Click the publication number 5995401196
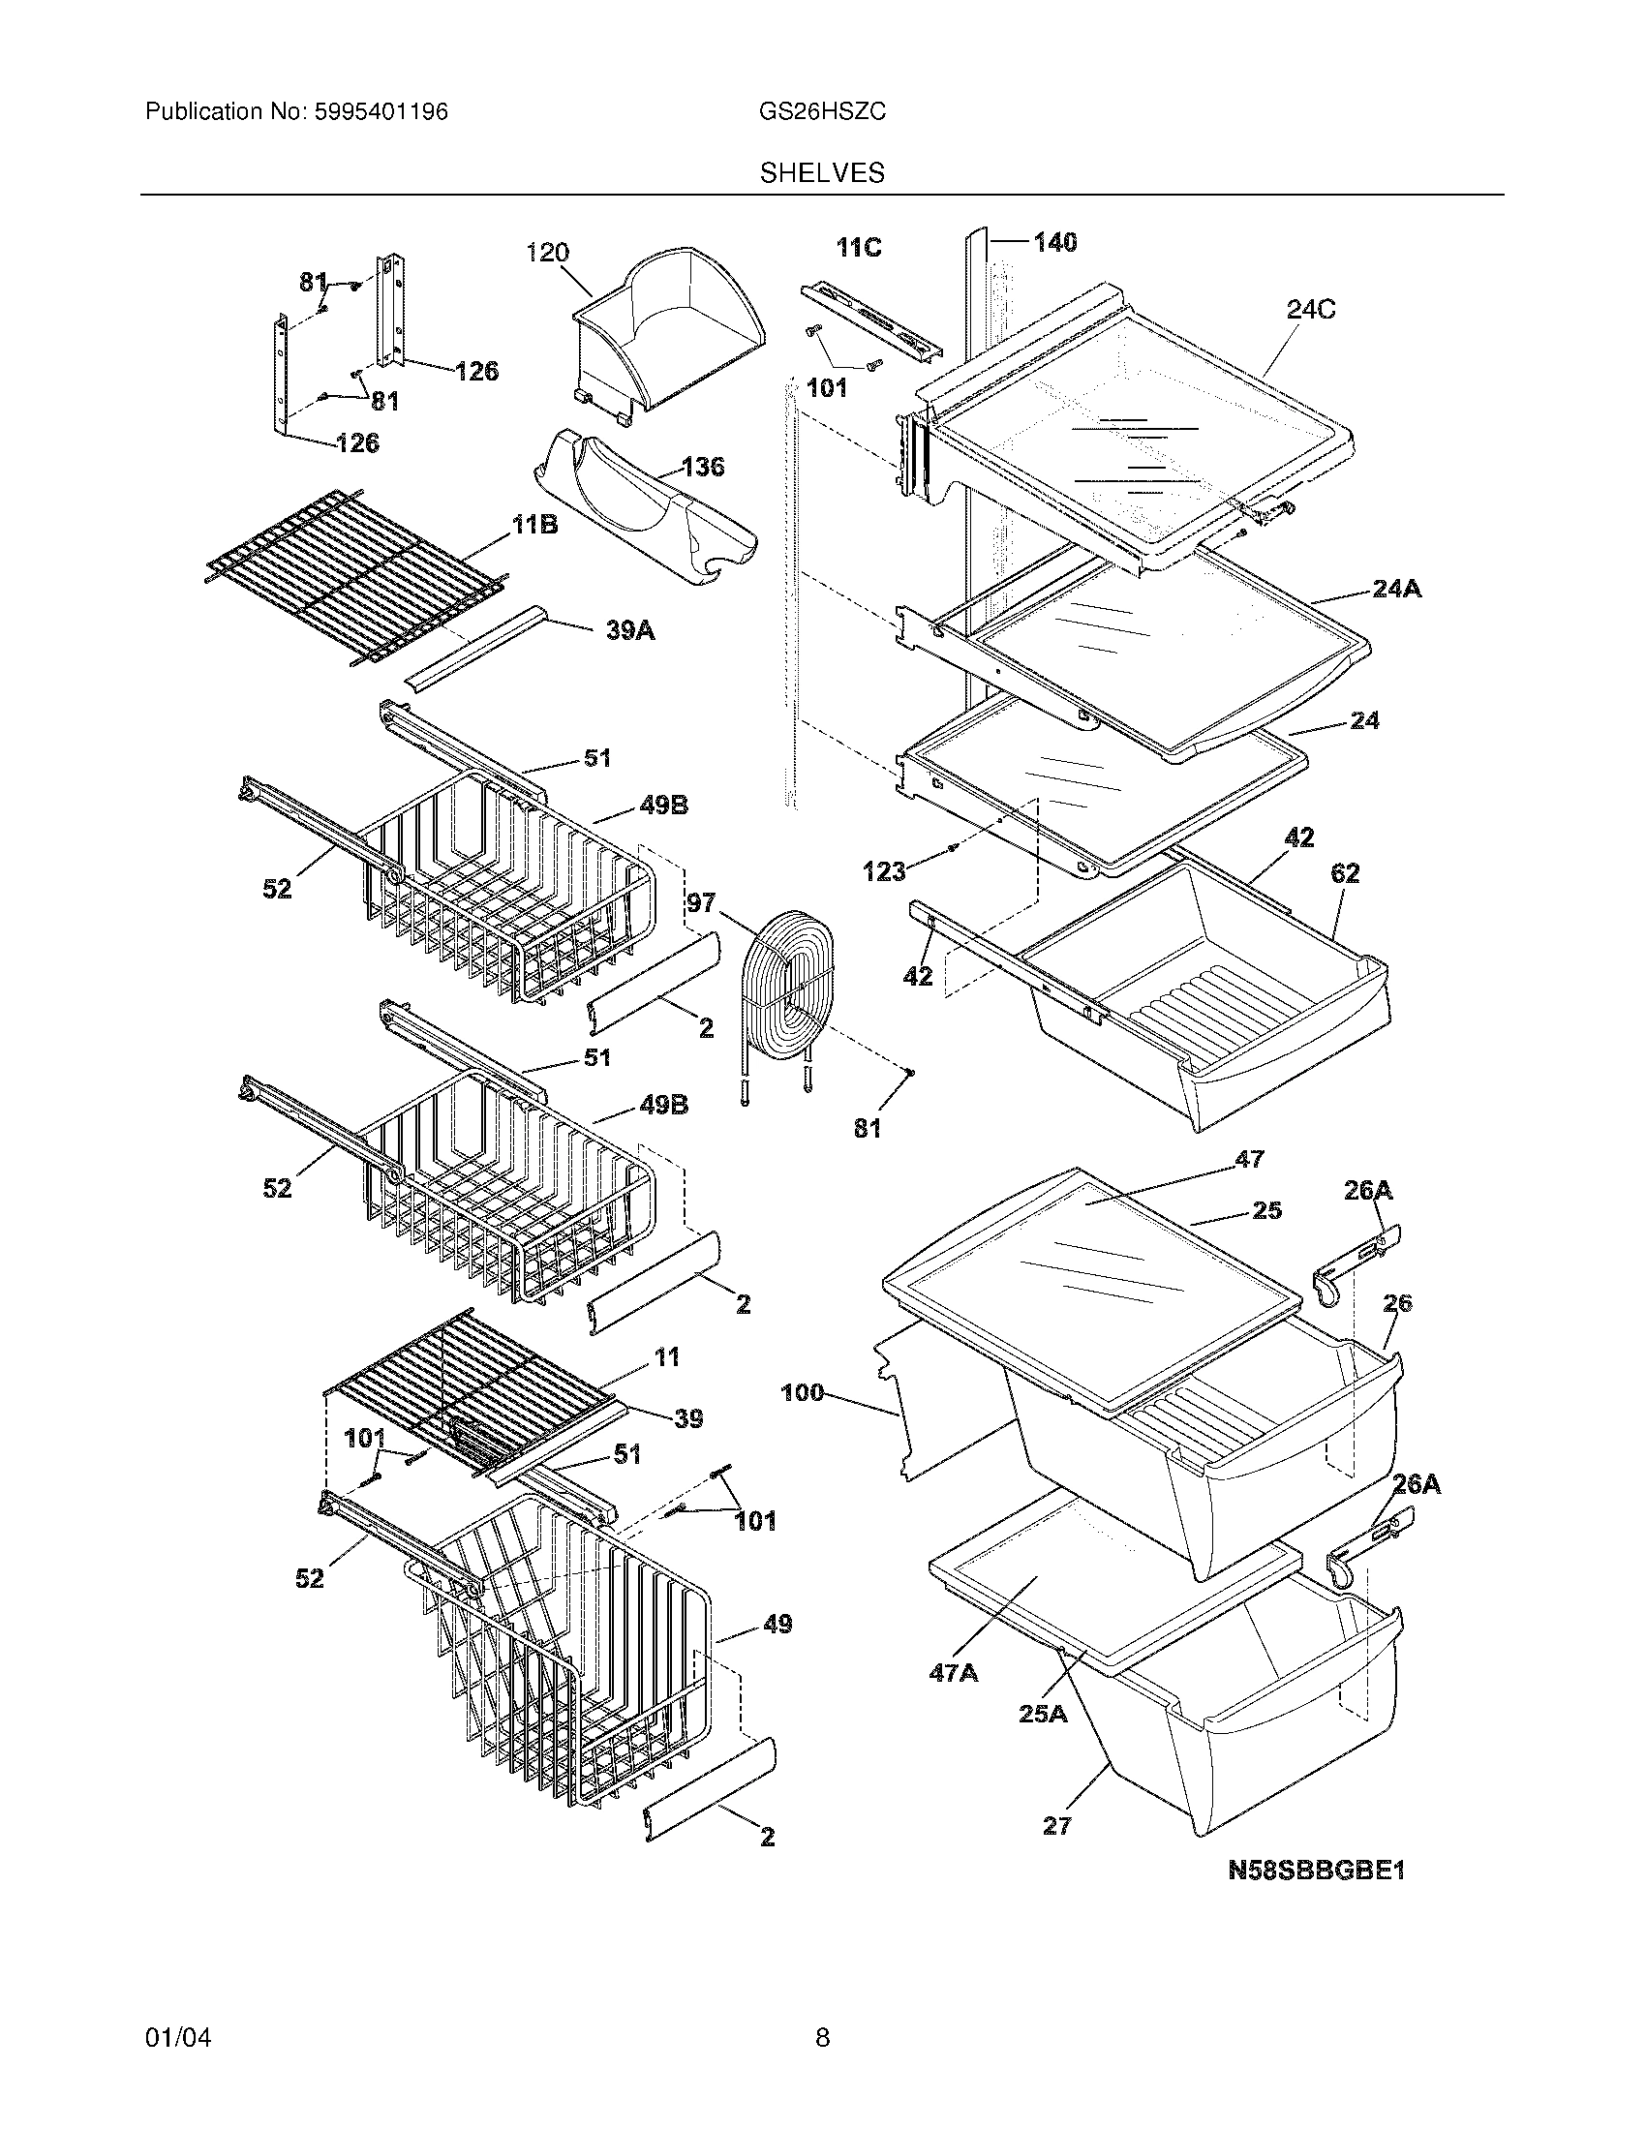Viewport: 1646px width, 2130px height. [x=381, y=112]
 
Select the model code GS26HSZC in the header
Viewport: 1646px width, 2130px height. [x=822, y=112]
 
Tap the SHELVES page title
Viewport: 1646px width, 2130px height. [x=822, y=173]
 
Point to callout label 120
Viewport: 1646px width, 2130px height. [x=547, y=254]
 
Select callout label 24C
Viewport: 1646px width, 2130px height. [x=1311, y=310]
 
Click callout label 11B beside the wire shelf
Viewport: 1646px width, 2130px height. [x=535, y=527]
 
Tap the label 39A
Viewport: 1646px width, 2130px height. [x=630, y=632]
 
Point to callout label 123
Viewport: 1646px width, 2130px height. [x=884, y=872]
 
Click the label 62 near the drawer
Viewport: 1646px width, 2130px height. [x=1345, y=874]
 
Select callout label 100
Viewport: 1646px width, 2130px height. [x=803, y=1393]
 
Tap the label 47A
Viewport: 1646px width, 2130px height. [x=954, y=1674]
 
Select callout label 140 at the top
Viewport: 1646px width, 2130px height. [x=1055, y=242]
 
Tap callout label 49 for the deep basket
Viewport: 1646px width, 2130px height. [x=777, y=1625]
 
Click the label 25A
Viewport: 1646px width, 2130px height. [x=1043, y=1714]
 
